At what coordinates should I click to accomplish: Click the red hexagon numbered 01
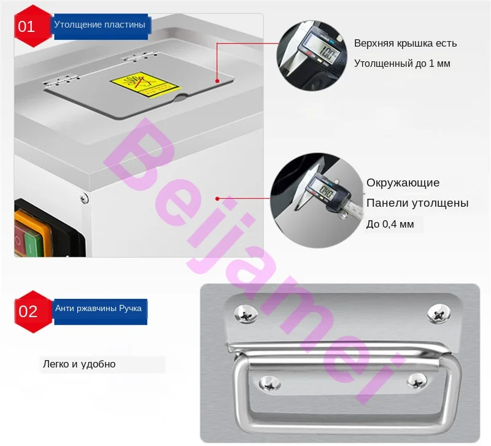(x=26, y=26)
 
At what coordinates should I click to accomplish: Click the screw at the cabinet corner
(x=83, y=197)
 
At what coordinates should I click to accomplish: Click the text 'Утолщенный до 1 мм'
(x=402, y=63)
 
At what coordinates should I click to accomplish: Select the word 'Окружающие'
(x=403, y=183)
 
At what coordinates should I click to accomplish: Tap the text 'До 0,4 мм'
(x=390, y=225)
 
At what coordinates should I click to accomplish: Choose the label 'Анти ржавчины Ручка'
(x=98, y=309)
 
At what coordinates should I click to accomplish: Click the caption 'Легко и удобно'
(x=79, y=364)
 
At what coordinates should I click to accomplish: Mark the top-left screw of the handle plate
(x=246, y=315)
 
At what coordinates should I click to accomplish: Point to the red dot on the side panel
(x=217, y=198)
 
